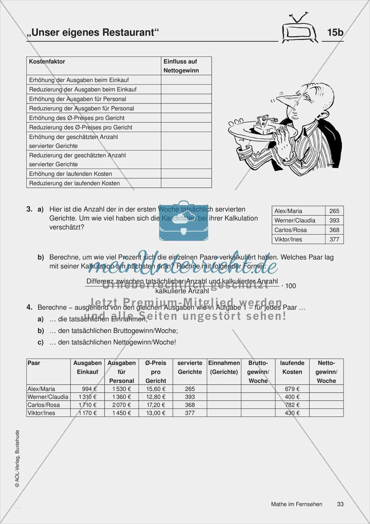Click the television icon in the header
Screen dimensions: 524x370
tap(298, 30)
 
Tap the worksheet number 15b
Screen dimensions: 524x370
tap(335, 33)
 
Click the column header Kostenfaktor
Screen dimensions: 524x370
tap(47, 62)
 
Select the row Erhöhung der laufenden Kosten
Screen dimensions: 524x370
tap(71, 174)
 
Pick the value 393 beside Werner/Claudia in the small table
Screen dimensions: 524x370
tap(334, 220)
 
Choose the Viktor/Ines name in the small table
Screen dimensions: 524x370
tap(288, 239)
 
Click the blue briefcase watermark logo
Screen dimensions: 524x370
tap(183, 221)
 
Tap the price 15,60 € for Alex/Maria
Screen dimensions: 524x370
tap(156, 389)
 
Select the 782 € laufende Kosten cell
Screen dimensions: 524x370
tap(292, 405)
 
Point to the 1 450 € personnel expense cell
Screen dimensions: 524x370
tap(122, 413)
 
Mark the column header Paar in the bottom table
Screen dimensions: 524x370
tap(34, 363)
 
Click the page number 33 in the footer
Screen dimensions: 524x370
tap(340, 504)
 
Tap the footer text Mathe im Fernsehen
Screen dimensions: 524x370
tap(297, 504)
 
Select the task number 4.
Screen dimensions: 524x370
tap(29, 307)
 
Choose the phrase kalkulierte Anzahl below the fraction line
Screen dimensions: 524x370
tap(182, 291)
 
